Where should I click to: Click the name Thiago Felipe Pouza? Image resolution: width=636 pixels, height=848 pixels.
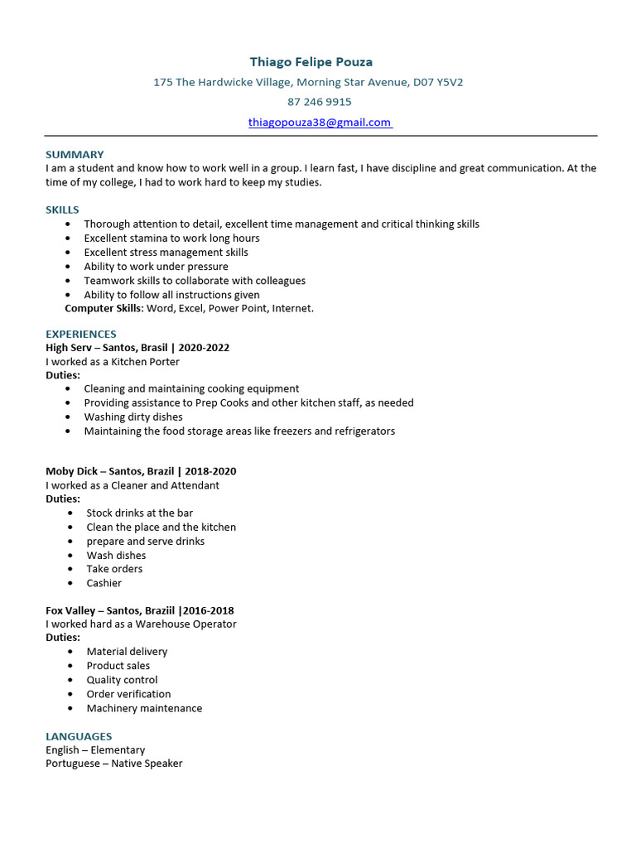point(311,62)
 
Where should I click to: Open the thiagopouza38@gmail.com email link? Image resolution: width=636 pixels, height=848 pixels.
point(320,123)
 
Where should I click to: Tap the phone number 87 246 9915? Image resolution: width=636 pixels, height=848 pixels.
point(320,102)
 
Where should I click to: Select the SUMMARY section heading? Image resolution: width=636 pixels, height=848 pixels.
point(75,155)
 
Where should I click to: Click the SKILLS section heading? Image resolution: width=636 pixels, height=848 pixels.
point(62,210)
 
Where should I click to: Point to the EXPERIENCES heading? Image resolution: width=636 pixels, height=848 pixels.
point(81,335)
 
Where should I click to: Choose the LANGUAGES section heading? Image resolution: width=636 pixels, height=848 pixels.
point(79,736)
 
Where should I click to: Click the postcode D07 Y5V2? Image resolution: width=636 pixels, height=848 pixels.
point(438,82)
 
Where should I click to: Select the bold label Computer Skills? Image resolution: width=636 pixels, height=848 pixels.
point(104,309)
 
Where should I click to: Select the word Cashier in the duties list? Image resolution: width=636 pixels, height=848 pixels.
point(104,583)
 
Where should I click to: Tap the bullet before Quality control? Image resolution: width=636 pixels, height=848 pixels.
point(70,680)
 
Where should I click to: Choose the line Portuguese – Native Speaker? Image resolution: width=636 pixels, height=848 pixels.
point(114,764)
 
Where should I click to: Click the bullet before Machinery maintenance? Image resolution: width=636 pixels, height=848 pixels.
point(70,708)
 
